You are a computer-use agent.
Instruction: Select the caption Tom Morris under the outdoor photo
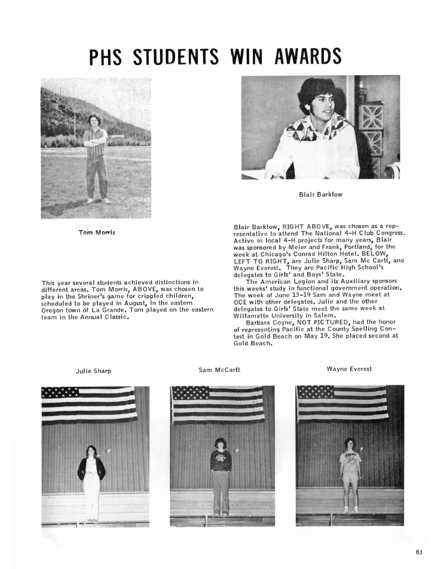click(97, 233)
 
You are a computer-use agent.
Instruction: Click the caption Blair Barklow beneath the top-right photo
click(321, 194)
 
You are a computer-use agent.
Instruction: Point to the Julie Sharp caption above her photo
click(93, 371)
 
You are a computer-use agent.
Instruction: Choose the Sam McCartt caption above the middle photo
click(219, 370)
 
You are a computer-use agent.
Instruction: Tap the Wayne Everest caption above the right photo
click(349, 369)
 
